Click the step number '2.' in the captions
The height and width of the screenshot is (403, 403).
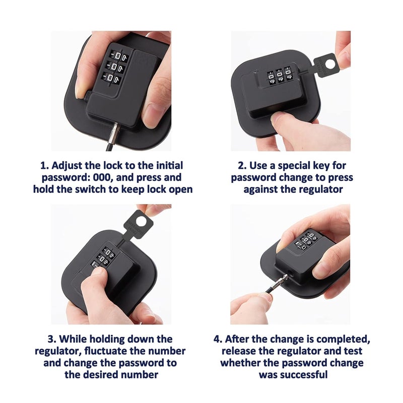point(241,165)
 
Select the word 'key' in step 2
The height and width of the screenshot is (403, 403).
point(334,165)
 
